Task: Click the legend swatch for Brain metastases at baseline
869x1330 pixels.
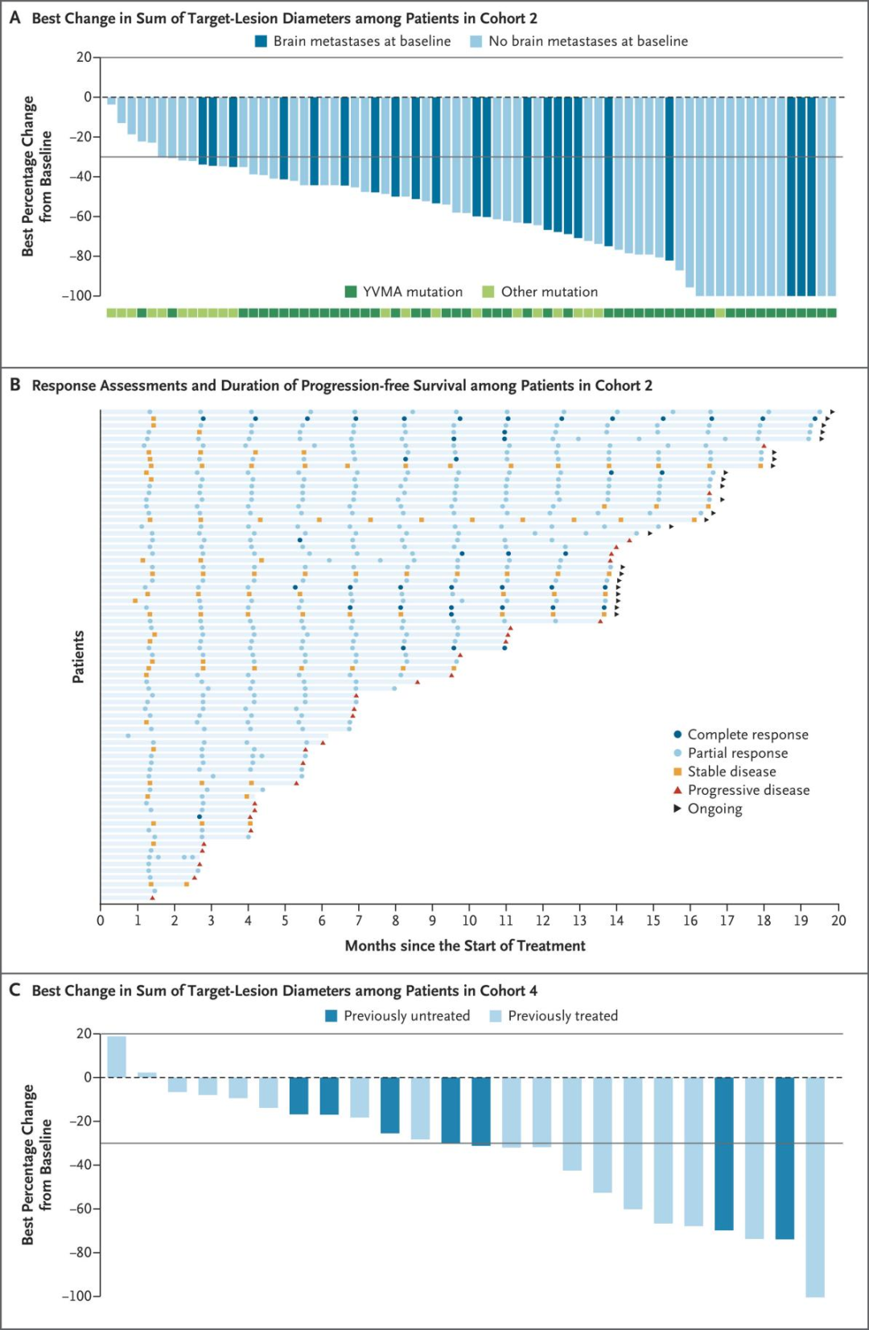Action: tap(261, 41)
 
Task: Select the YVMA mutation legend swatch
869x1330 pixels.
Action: tap(351, 291)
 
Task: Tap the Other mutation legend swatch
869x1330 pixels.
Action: tap(488, 291)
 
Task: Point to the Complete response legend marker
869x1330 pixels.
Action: tap(677, 735)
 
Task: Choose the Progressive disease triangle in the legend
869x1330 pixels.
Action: tap(677, 790)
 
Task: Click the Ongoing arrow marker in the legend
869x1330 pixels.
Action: tap(677, 808)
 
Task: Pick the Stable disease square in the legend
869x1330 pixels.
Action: tap(677, 772)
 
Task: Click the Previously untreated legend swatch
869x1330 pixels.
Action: tap(332, 1016)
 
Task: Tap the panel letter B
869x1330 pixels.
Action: tap(14, 385)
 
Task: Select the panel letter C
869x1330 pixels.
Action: tap(14, 990)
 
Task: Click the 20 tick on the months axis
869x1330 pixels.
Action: tap(838, 920)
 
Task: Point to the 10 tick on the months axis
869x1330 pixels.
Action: tap(469, 920)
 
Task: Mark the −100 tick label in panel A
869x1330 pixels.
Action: tap(78, 295)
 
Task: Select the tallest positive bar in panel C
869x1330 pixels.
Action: tap(117, 1056)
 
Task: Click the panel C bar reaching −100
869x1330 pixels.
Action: tap(814, 1187)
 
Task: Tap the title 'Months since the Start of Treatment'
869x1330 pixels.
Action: tap(465, 946)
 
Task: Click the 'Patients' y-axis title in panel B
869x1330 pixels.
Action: tap(78, 657)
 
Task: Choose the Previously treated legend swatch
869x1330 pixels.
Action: tap(496, 1016)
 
